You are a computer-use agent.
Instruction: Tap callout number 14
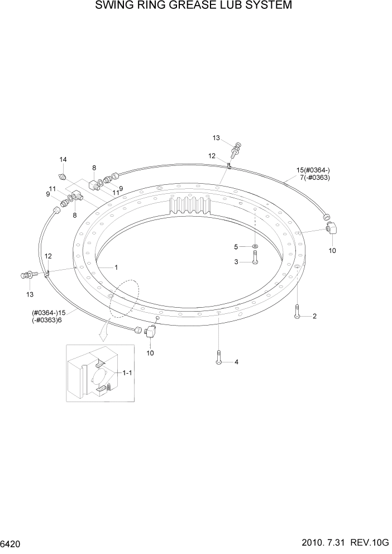(63, 160)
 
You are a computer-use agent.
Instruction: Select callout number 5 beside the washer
(236, 246)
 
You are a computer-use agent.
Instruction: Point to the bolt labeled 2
(297, 312)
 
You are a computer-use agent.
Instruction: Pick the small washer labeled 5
(255, 246)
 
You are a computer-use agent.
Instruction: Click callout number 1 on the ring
(116, 267)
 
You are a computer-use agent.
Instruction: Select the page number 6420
(11, 543)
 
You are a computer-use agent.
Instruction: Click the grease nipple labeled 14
(64, 177)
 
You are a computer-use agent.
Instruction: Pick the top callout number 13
(217, 137)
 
